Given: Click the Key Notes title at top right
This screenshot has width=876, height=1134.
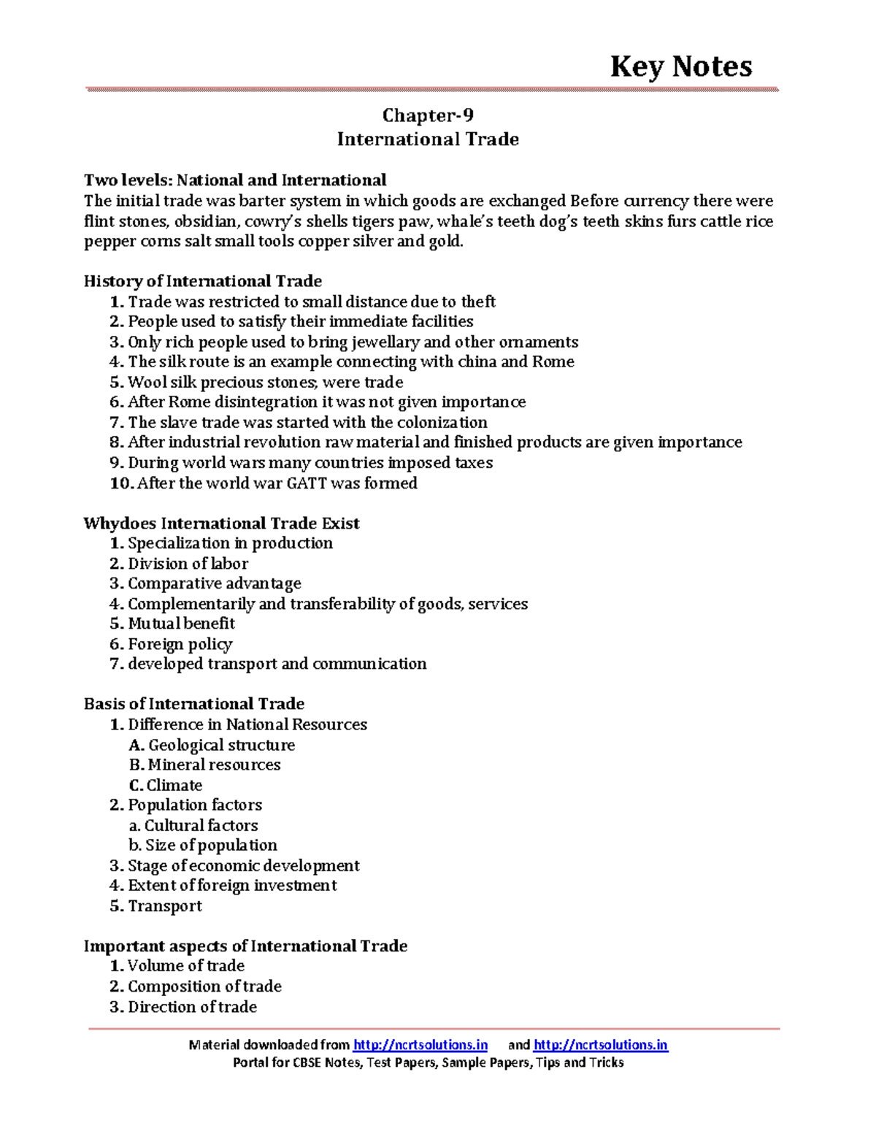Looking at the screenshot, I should point(680,66).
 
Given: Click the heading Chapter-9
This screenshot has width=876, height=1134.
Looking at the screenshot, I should point(428,115).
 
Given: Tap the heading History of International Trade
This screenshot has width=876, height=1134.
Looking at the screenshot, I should point(202,281).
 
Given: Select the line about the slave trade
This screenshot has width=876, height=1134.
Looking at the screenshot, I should point(307,422).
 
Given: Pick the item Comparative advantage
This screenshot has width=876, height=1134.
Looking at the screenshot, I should point(214,583).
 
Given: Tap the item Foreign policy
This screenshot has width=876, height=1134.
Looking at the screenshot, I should point(180,644).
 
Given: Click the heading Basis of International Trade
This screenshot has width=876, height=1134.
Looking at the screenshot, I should point(193,704).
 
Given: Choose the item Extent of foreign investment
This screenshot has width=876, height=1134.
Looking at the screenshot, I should point(232,886).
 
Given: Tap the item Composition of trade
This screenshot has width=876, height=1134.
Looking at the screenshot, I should point(204,986).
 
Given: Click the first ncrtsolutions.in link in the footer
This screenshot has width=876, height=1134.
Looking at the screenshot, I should point(420,1045).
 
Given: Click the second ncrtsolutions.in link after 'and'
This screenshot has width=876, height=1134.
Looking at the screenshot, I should point(600,1045).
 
